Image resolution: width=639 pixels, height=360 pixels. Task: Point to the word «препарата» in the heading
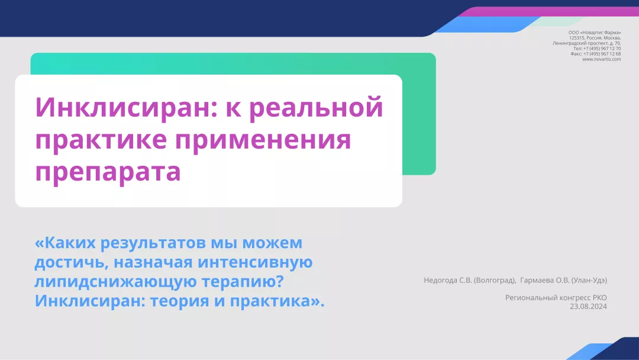tap(108, 172)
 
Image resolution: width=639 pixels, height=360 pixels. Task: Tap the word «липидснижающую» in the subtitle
tap(106, 281)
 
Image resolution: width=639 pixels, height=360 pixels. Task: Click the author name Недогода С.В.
tap(448, 280)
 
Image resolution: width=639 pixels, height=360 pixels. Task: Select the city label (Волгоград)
tap(495, 280)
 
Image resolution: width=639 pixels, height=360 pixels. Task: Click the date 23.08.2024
tap(588, 306)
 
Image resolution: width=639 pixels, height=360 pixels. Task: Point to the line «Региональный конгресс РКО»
tap(556, 298)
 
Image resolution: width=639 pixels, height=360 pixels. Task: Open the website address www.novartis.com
tap(601, 59)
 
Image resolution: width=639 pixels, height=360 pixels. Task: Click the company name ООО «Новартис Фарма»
tap(594, 33)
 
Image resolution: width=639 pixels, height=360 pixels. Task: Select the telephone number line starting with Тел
tap(597, 49)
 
